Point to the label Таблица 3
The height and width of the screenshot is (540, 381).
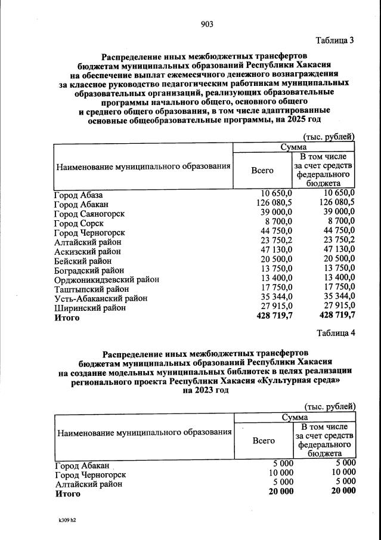(x=336, y=41)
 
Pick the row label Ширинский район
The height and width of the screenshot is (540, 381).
(x=90, y=308)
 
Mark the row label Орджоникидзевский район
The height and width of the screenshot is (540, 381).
(x=107, y=279)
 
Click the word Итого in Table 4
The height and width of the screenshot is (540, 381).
(x=67, y=493)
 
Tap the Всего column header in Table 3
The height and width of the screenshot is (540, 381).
(x=262, y=170)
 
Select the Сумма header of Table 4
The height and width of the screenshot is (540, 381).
(x=293, y=418)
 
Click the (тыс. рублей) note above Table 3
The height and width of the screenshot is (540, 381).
(x=329, y=137)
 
